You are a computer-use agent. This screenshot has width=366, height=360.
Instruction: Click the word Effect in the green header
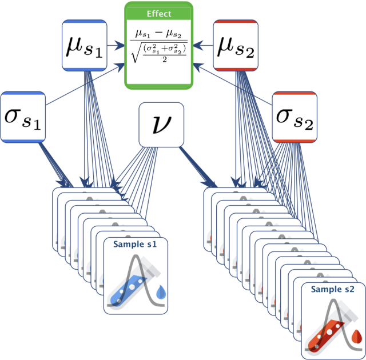[159, 14]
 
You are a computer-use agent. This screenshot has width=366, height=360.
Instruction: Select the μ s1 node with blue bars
[85, 46]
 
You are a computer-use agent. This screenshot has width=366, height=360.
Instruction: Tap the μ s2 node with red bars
[236, 46]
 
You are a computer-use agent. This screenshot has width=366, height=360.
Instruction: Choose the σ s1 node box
[23, 117]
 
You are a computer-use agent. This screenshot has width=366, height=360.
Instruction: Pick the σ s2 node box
[295, 117]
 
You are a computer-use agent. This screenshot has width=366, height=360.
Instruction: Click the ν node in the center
[161, 125]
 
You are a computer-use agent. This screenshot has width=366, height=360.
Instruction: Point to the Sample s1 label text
[135, 244]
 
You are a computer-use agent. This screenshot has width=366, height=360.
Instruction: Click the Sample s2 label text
[333, 289]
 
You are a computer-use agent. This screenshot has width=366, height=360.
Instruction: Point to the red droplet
[357, 337]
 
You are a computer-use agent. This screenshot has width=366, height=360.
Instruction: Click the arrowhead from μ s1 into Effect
[121, 45]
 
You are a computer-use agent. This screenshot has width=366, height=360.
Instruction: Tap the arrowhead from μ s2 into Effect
[198, 45]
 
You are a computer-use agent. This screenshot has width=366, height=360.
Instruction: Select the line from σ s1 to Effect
[85, 84]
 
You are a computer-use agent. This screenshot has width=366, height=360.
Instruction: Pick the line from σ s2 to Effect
[233, 84]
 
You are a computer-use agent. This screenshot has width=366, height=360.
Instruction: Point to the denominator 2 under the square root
[165, 59]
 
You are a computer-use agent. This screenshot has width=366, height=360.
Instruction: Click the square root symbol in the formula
[136, 53]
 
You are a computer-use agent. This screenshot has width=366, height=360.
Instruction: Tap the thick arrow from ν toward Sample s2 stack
[198, 167]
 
